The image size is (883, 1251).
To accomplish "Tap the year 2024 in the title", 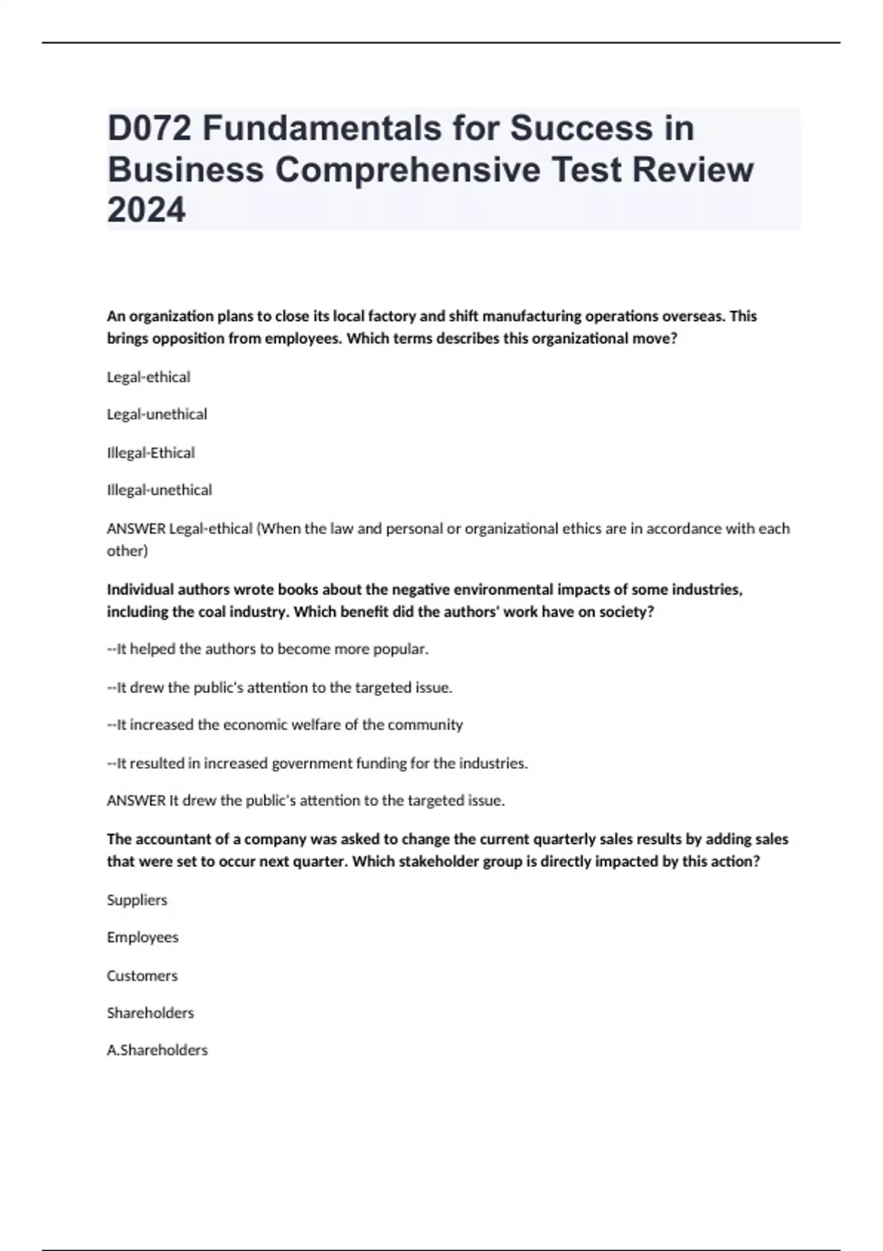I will pos(146,210).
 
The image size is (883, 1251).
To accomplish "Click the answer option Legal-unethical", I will pos(157,414).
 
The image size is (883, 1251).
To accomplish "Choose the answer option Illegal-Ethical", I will pos(151,453).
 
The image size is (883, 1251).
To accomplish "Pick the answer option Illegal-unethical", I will pos(159,490).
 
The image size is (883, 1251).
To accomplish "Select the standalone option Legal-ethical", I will pos(149,377).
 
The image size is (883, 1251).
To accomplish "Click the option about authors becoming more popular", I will pos(268,649).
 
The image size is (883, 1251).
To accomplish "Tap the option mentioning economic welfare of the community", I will pos(285,725).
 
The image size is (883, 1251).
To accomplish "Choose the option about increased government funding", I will pos(317,763).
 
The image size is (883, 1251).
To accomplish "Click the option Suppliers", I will pos(137,900).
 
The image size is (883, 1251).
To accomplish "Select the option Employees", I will pos(143,938).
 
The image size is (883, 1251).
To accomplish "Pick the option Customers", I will pos(142,976).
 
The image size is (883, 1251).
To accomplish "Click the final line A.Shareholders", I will pos(157,1050).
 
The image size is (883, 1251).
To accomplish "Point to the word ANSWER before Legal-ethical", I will pos(136,528).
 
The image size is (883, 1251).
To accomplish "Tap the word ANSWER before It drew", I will pos(136,801).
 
